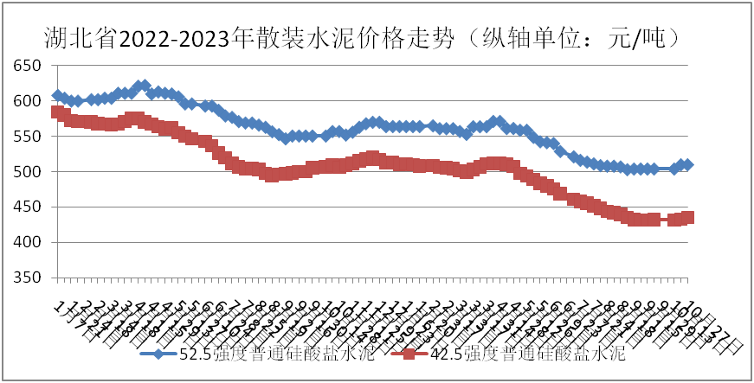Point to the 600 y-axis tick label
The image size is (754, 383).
pos(28,102)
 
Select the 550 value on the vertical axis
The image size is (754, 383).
pos(28,137)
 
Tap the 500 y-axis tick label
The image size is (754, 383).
pos(28,172)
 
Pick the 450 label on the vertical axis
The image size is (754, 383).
pos(28,207)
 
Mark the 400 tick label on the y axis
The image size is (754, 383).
pos(28,243)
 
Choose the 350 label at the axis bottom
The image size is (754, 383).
pos(28,278)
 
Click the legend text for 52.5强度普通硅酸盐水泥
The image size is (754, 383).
pos(277,354)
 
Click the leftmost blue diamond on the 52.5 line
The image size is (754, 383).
pos(57,95)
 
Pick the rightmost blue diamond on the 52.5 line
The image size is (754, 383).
pos(687,164)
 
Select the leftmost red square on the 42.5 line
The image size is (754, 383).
pos(57,112)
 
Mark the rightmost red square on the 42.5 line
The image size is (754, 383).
pos(688,218)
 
